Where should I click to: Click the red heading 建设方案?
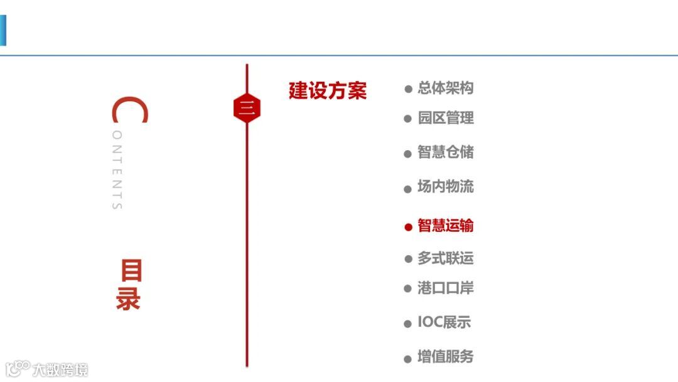click(327, 91)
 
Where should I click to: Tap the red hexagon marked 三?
click(247, 109)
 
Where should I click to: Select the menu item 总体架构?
click(446, 88)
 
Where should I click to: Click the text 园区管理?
click(446, 118)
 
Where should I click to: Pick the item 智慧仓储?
click(446, 153)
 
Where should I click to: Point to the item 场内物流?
click(446, 187)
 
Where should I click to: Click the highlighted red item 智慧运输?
click(446, 226)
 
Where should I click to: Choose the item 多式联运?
click(446, 258)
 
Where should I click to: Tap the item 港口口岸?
click(446, 288)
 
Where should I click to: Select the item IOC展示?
click(444, 323)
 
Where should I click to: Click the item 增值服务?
click(446, 357)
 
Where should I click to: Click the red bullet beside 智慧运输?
click(408, 227)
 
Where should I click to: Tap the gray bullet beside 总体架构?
click(408, 89)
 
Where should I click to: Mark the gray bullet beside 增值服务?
click(408, 359)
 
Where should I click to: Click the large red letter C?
click(130, 111)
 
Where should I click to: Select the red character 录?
click(128, 300)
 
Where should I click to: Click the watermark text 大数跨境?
click(60, 369)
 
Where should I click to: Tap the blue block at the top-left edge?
click(3, 30)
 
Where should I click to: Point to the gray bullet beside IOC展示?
click(408, 324)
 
